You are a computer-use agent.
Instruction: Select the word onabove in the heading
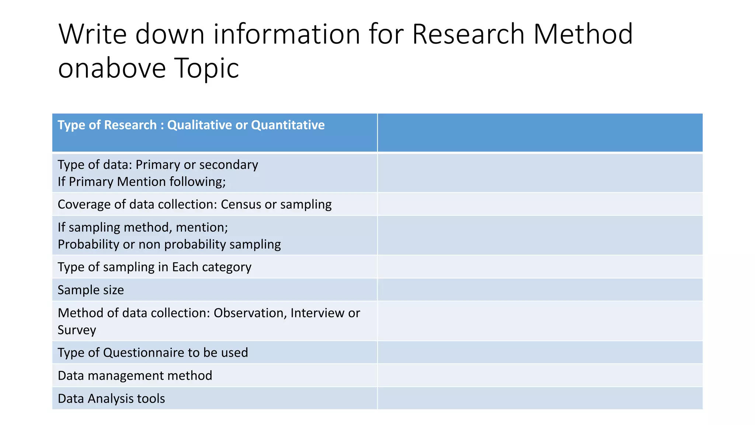point(112,68)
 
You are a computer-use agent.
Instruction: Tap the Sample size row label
point(91,290)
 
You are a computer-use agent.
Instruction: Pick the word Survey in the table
point(77,330)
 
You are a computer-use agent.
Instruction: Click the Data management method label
point(135,376)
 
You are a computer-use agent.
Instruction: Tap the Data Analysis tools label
point(111,398)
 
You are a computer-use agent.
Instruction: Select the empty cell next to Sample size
point(540,290)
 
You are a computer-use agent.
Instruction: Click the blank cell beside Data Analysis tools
point(540,398)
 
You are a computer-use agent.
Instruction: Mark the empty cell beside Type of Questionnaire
point(540,353)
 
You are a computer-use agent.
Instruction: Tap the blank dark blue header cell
point(540,133)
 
